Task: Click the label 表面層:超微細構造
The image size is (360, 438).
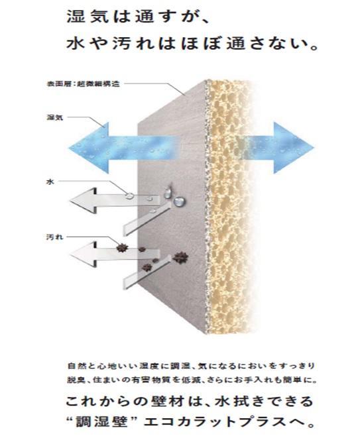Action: pyautogui.click(x=84, y=83)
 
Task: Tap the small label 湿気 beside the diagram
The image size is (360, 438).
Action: pyautogui.click(x=55, y=117)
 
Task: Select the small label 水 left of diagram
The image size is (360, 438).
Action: pyautogui.click(x=50, y=182)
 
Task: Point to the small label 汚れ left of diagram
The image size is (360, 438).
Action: pyautogui.click(x=55, y=237)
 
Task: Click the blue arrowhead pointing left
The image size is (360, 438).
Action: pyautogui.click(x=88, y=148)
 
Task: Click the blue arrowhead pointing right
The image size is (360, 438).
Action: pyautogui.click(x=294, y=148)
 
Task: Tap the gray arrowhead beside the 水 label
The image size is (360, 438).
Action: pyautogui.click(x=83, y=201)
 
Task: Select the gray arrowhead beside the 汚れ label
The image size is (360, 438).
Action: pyautogui.click(x=83, y=254)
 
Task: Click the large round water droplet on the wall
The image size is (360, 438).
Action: pyautogui.click(x=179, y=201)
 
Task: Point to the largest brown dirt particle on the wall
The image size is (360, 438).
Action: pyautogui.click(x=180, y=258)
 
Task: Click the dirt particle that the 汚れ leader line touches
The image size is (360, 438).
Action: pyautogui.click(x=122, y=247)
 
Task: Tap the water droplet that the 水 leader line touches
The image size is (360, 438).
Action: pyautogui.click(x=129, y=195)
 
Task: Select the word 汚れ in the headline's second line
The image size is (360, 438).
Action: pyautogui.click(x=134, y=44)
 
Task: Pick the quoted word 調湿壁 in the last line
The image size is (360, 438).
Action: pyautogui.click(x=101, y=421)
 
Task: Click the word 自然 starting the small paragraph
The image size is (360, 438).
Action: pyautogui.click(x=74, y=366)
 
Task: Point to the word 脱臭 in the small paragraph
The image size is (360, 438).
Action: pyautogui.click(x=74, y=380)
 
